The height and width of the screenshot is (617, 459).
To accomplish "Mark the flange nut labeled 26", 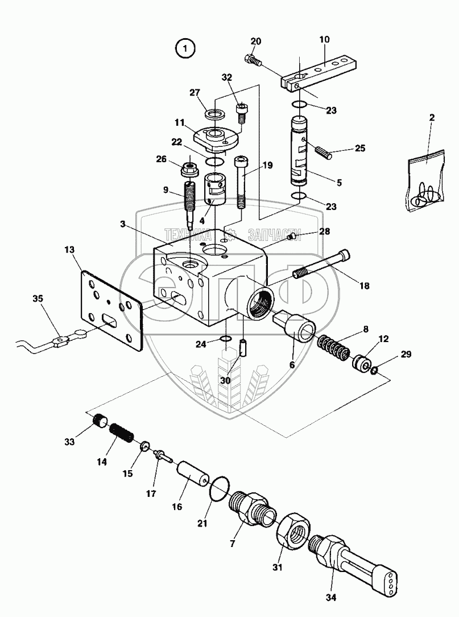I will (187, 170).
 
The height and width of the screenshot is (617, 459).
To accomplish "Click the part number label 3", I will (122, 225).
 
